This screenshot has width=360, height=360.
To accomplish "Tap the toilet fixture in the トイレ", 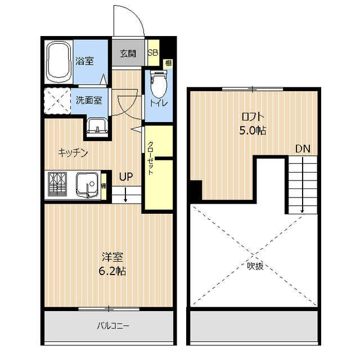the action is (159, 84).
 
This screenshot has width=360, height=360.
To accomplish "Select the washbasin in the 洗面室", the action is (97, 127).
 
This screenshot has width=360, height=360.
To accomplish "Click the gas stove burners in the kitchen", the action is (57, 184).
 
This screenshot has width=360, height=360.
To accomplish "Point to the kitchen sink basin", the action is (88, 184).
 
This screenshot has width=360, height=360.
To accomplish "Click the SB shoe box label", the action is (153, 52).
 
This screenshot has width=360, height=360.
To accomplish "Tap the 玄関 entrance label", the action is (128, 54).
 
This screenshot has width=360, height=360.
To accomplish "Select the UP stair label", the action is (126, 177).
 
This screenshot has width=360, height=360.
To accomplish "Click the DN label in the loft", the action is (303, 148).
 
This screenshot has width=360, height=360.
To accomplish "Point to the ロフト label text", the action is (253, 117).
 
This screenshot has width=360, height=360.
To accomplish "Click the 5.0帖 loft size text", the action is (253, 130).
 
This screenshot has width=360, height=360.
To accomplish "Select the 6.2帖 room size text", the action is (112, 271).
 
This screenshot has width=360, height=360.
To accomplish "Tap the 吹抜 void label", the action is (255, 266).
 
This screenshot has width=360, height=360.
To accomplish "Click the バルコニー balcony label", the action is (112, 326).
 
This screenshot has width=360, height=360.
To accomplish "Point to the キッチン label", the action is (73, 152).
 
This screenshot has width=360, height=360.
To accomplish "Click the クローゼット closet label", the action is (150, 158).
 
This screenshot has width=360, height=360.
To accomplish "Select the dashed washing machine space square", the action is (57, 101).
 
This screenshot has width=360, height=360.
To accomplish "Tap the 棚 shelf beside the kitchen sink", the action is (103, 186).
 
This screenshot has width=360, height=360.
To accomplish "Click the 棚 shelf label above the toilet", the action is (168, 63).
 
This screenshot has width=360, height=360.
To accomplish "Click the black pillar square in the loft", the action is (196, 190).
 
